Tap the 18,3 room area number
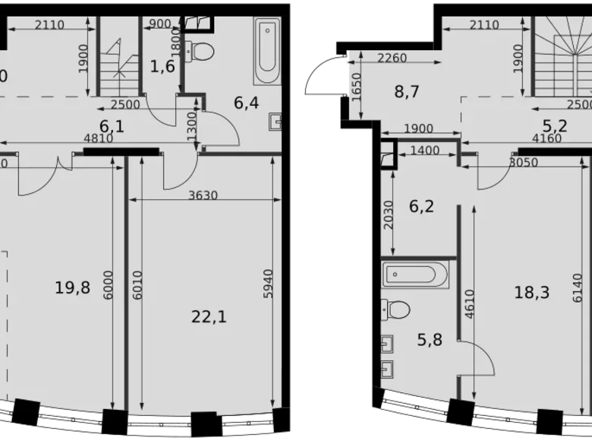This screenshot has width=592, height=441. tap(531, 293)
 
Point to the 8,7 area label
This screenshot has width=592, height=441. tap(407, 92)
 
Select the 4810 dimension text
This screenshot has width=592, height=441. tap(97, 138)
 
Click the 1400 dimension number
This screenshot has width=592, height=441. tap(424, 151)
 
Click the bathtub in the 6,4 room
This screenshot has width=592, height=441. tap(267, 52)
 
